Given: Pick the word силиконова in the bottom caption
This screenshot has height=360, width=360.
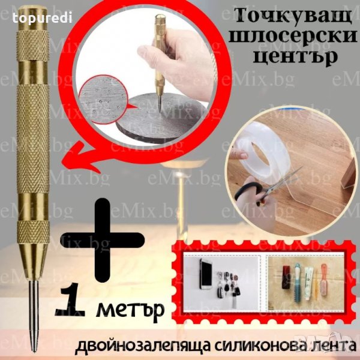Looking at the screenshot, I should pyautogui.click(x=249, y=346).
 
